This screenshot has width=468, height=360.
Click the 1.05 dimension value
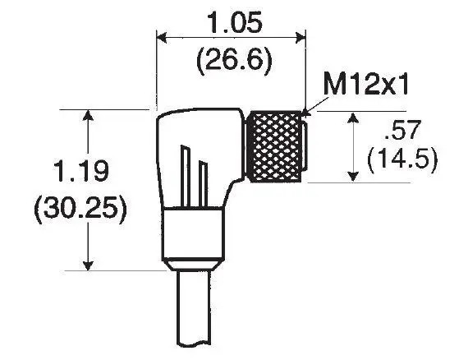pyautogui.click(x=236, y=22)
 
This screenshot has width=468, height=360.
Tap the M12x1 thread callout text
pyautogui.click(x=365, y=85)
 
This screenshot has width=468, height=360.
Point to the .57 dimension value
pyautogui.click(x=402, y=130)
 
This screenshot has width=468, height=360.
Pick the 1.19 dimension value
pyautogui.click(x=80, y=171)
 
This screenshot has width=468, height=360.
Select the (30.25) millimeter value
pyautogui.click(x=80, y=208)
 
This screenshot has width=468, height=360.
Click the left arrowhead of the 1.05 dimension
pyautogui.click(x=162, y=38)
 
